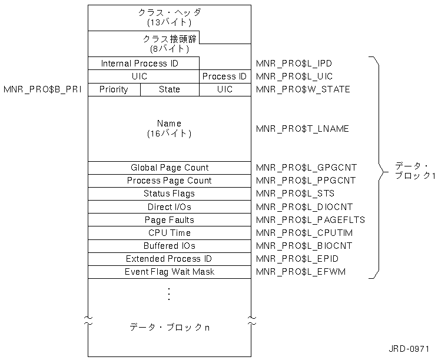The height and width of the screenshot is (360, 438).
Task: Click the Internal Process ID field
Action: [x=140, y=63]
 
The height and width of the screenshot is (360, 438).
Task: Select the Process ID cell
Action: [x=224, y=76]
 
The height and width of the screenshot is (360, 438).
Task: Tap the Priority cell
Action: [x=114, y=89]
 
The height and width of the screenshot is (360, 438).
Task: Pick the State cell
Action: [x=170, y=89]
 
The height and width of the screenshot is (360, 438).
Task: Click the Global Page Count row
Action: [x=169, y=168]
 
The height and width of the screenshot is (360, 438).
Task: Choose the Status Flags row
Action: [x=169, y=194]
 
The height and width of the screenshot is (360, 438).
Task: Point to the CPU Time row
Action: [x=169, y=232]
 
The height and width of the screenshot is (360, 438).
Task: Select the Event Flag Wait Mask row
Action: [x=169, y=272]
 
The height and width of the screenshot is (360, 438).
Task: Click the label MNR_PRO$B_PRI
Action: [x=42, y=89]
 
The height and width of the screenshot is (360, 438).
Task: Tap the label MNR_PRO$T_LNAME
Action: [x=303, y=129]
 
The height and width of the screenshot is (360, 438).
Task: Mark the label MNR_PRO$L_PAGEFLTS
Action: [x=311, y=219]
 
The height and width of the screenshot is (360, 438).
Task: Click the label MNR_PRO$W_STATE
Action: [x=303, y=89]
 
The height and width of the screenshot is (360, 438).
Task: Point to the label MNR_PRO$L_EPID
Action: [x=297, y=259]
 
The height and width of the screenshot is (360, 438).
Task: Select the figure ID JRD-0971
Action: [x=412, y=348]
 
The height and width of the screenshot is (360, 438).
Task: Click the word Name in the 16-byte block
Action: [x=169, y=124]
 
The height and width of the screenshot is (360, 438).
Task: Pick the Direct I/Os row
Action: [x=169, y=206]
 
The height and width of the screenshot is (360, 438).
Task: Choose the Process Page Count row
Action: [x=169, y=181]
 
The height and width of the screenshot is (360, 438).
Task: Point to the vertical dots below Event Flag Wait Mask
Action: [x=169, y=294]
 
